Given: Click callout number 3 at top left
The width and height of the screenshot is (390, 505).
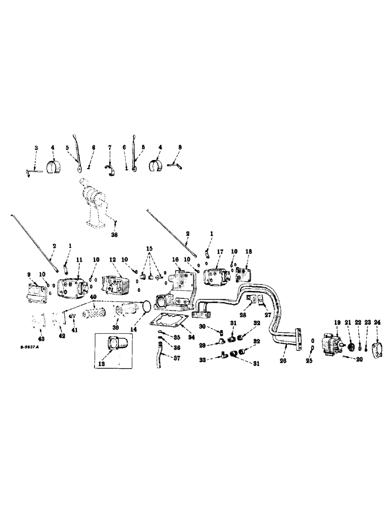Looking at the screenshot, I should coord(35,147).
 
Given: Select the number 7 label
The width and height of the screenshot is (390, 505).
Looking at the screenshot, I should coord(109,147).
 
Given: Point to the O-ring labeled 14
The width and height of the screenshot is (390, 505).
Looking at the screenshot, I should coord(145,306).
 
